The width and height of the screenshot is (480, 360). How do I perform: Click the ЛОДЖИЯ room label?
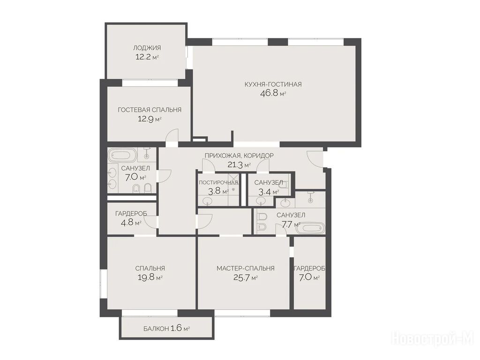(x=147, y=48)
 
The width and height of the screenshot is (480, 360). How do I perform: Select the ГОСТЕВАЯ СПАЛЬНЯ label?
(x=150, y=110)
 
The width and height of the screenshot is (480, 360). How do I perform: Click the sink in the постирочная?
(x=208, y=201)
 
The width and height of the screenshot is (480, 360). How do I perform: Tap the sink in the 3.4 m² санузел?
(x=261, y=201)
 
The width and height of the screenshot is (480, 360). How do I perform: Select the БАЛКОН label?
(x=156, y=329)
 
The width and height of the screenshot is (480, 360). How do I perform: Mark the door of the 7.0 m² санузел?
(x=164, y=176)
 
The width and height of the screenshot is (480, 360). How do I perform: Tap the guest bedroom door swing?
(x=172, y=135)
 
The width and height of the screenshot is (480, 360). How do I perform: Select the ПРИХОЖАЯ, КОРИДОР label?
(x=239, y=156)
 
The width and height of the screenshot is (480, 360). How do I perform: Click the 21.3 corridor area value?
(x=235, y=165)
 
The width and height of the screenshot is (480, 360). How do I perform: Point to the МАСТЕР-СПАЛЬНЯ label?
(x=246, y=269)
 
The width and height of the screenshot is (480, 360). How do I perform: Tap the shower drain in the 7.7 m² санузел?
(x=311, y=201)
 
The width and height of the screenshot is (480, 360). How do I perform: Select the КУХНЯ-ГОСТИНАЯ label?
(x=273, y=84)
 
